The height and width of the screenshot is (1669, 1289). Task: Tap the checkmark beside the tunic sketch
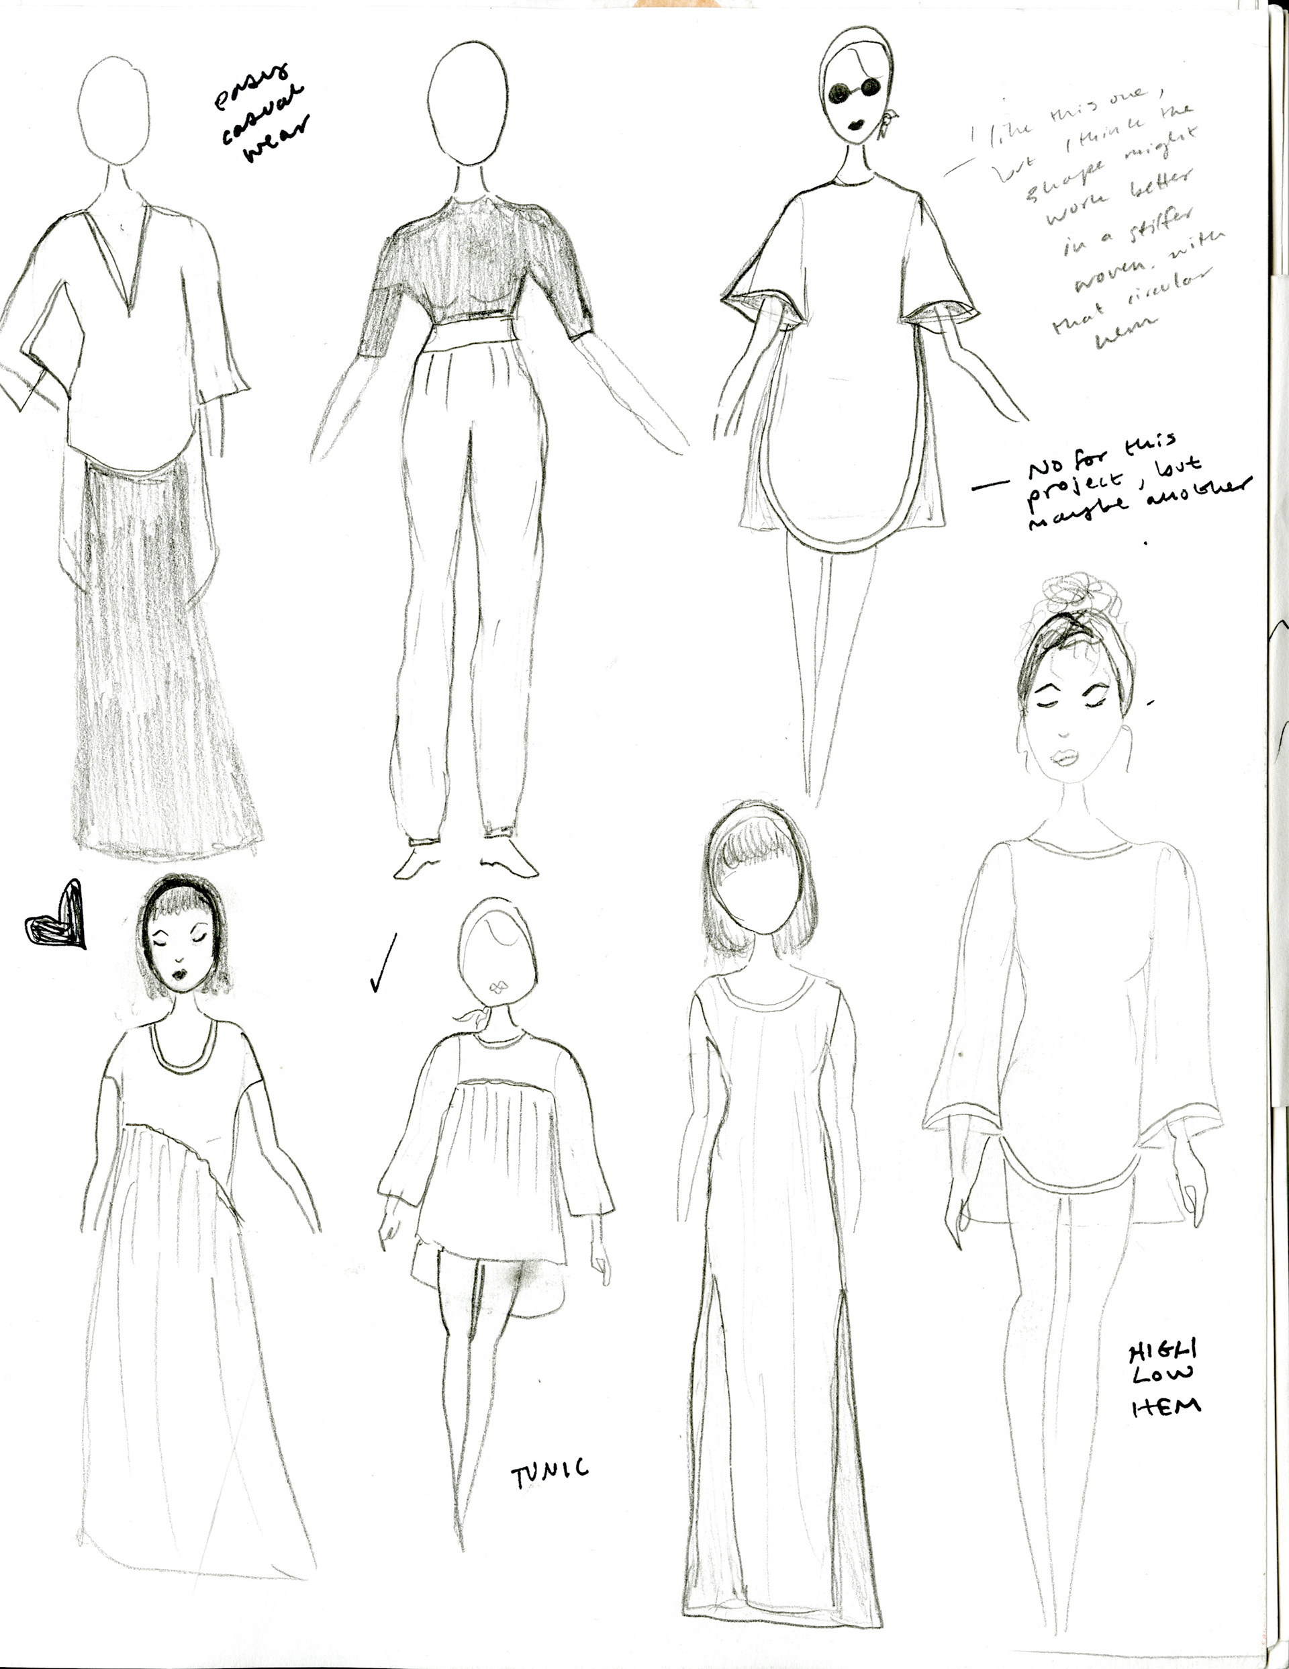tap(383, 963)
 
